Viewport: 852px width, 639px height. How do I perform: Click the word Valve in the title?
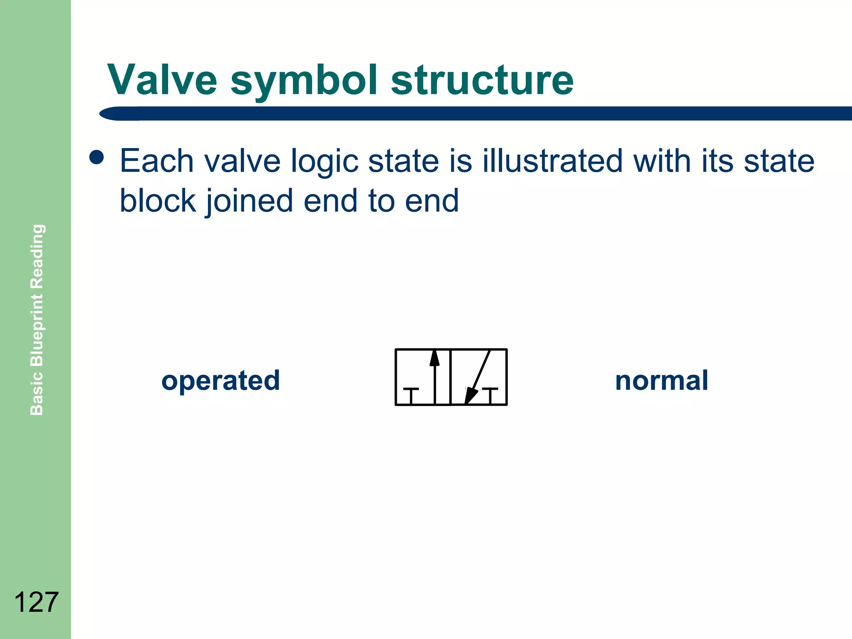(162, 80)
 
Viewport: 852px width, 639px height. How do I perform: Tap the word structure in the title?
(482, 80)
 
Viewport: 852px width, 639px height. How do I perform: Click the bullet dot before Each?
(97, 158)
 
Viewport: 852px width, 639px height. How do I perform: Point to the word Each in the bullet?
(157, 161)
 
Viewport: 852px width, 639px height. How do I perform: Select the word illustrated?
(552, 161)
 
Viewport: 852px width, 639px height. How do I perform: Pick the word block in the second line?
(158, 201)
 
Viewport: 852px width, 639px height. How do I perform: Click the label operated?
(220, 381)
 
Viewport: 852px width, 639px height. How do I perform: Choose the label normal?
(661, 381)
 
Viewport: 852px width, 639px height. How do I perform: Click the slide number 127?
(36, 602)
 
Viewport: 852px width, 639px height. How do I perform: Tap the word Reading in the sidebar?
(37, 256)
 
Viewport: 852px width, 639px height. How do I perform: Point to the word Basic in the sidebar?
(37, 394)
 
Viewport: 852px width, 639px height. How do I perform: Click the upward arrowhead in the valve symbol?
(434, 358)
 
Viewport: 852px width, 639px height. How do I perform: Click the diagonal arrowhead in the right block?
(470, 395)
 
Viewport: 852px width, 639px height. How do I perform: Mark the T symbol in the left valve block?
(411, 395)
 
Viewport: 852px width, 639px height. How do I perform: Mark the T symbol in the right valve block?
(490, 395)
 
